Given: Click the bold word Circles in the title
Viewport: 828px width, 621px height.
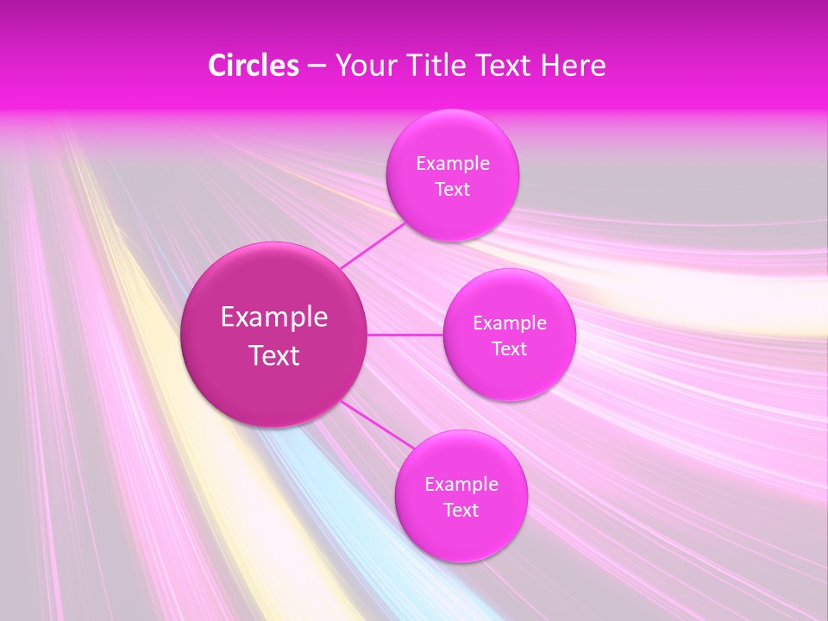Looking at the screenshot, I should (254, 66).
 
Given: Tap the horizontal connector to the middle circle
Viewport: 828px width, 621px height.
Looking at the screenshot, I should (405, 335).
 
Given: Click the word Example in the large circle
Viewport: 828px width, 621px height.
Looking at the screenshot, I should (274, 317).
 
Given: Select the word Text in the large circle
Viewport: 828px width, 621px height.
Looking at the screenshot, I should (274, 355).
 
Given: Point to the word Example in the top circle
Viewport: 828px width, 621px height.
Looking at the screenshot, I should (453, 163).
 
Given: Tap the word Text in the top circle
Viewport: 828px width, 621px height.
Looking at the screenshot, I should (452, 189).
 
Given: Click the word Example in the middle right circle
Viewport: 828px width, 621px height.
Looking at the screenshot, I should (510, 323).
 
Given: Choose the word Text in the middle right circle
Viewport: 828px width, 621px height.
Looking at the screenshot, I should (509, 348).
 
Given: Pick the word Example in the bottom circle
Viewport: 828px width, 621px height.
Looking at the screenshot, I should (461, 484).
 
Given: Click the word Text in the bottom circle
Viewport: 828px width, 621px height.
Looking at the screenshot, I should (461, 510).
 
